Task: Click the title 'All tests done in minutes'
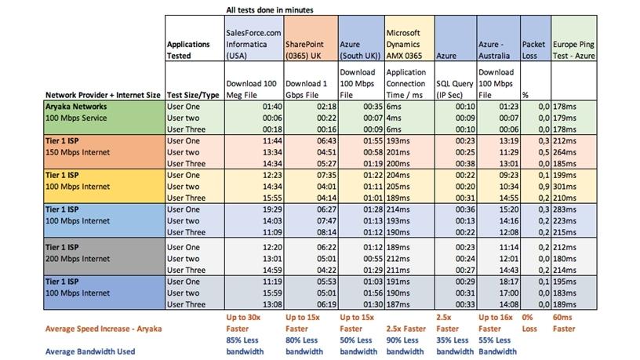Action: click(271, 11)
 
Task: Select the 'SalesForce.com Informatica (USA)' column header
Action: click(253, 45)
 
